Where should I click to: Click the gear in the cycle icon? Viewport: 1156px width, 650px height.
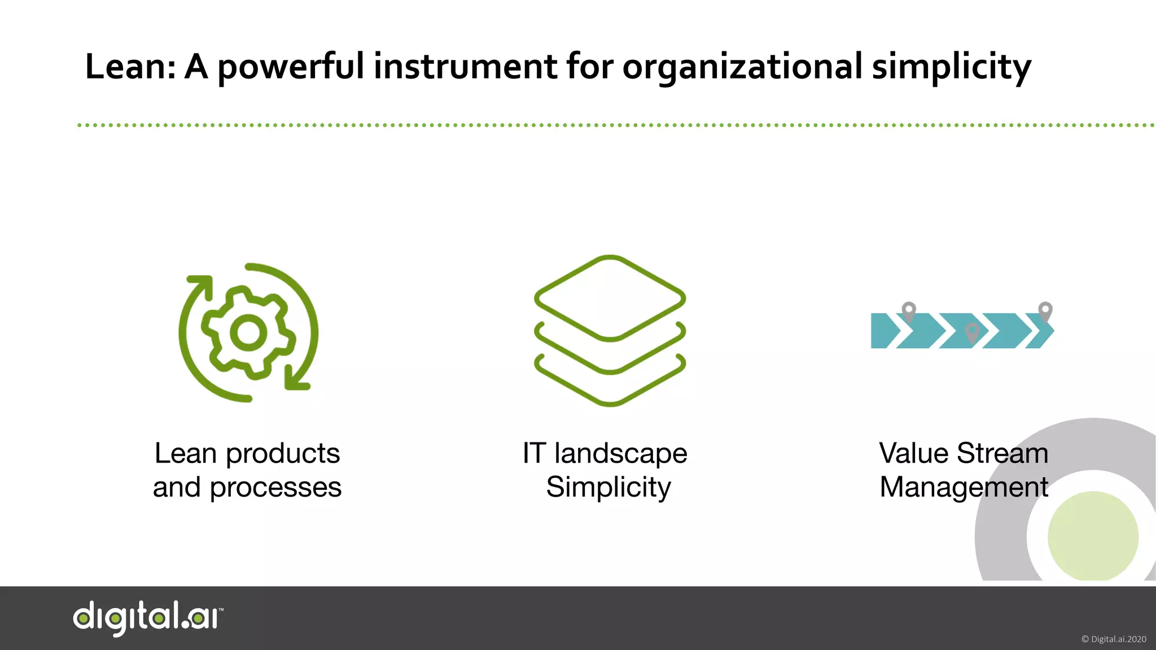pyautogui.click(x=248, y=333)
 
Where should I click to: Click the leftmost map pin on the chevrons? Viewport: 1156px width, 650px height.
pyautogui.click(x=909, y=311)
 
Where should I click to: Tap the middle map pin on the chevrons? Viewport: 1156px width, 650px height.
pyautogui.click(x=972, y=332)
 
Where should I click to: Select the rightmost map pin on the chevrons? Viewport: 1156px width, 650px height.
pyautogui.click(x=1045, y=310)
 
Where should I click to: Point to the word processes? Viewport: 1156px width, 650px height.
pyautogui.click(x=275, y=488)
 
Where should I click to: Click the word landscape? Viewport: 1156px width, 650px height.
pyautogui.click(x=621, y=454)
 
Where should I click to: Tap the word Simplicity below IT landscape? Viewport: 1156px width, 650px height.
pyautogui.click(x=608, y=488)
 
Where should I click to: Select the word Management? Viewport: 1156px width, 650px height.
pyautogui.click(x=964, y=488)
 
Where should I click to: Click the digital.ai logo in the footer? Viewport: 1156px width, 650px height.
pyautogui.click(x=148, y=617)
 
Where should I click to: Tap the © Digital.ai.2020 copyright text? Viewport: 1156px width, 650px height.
pyautogui.click(x=1113, y=639)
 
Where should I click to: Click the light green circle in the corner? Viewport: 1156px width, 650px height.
pyautogui.click(x=1093, y=536)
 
